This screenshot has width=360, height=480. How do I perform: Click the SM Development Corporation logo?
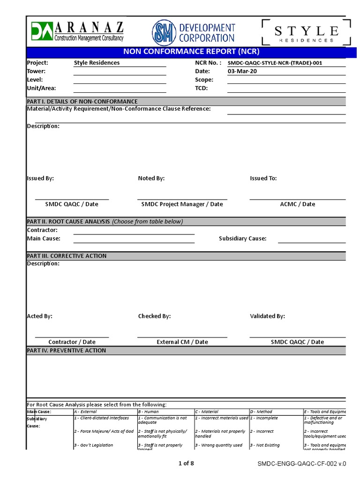point(194,33)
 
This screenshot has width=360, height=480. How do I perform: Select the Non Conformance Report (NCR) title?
point(191,52)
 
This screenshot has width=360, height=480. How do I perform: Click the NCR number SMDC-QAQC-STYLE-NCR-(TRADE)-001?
point(275,63)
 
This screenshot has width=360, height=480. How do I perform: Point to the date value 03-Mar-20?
point(242,71)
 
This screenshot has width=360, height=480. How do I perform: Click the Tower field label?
point(36,71)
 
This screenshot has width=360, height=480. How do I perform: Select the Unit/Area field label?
point(41,88)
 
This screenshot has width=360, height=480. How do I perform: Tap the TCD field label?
point(201,88)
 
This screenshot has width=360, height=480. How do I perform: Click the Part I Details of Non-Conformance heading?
point(82,101)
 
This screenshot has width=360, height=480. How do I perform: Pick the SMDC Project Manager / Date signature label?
point(182,204)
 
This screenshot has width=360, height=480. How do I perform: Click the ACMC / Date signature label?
point(297,204)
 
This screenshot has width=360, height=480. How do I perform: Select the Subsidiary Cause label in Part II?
point(242,239)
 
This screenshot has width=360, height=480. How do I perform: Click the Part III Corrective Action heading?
point(67,256)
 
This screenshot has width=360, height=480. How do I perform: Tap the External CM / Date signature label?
point(182,342)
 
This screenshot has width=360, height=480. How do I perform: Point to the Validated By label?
point(267,316)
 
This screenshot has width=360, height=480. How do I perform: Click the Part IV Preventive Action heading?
point(66,350)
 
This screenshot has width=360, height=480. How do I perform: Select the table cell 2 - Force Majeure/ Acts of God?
point(104,431)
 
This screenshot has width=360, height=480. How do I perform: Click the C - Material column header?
point(207,412)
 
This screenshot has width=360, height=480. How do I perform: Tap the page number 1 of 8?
point(186,464)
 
